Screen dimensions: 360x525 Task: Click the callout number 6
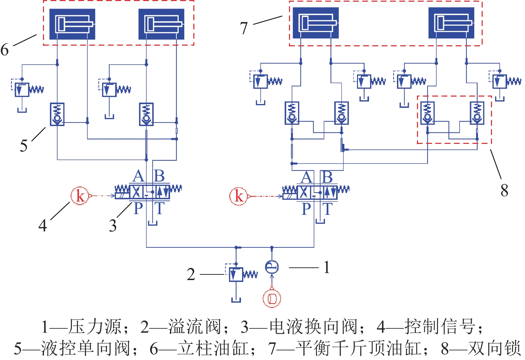coord(5,50)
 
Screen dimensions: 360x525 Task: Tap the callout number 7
coord(244,28)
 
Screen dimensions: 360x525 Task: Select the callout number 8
coord(504,190)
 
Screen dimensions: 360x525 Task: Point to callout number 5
coord(24,146)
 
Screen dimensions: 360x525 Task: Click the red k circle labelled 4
coord(80,195)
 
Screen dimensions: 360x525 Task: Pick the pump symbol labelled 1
coord(272,267)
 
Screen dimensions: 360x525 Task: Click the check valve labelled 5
coord(57,114)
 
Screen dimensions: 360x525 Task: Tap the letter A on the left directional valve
coord(138,177)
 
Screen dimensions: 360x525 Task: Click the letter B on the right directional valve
coord(327,177)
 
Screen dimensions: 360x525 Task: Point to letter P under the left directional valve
coord(138,209)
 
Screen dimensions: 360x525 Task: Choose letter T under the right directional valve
coord(328,209)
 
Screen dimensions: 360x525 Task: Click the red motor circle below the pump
coord(272,298)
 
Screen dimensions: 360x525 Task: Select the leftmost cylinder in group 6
coord(72,24)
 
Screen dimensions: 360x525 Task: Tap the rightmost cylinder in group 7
coord(451,23)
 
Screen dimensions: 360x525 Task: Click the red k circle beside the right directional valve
coord(238,196)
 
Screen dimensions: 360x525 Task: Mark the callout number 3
coord(113,226)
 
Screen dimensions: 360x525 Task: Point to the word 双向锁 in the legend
coord(494,349)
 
